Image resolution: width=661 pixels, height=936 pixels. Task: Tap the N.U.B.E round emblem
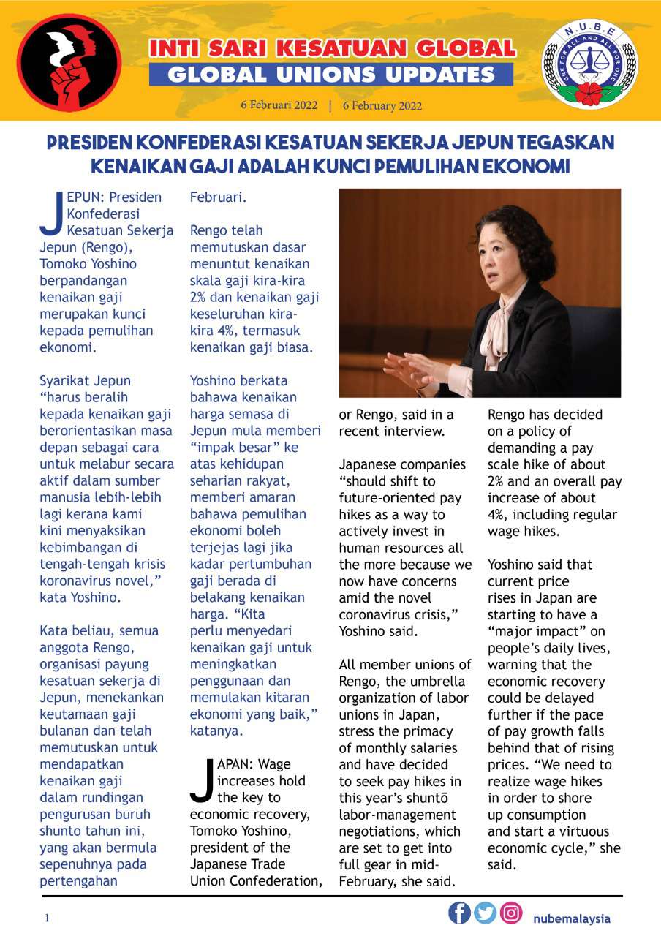click(x=589, y=61)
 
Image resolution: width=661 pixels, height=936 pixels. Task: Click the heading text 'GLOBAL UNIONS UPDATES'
click(x=331, y=75)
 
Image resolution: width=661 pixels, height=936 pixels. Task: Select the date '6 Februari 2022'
click(x=279, y=105)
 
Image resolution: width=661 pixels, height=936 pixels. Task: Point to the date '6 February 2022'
click(x=382, y=105)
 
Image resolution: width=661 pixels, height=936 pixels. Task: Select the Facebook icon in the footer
click(x=459, y=913)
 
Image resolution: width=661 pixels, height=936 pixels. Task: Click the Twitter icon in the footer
click(x=485, y=913)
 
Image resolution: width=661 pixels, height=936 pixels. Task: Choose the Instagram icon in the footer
click(x=511, y=913)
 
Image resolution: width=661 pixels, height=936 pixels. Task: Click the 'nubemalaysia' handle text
click(x=571, y=918)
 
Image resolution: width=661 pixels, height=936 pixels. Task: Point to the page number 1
click(x=47, y=918)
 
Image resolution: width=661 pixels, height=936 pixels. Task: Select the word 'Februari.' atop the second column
click(x=218, y=197)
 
